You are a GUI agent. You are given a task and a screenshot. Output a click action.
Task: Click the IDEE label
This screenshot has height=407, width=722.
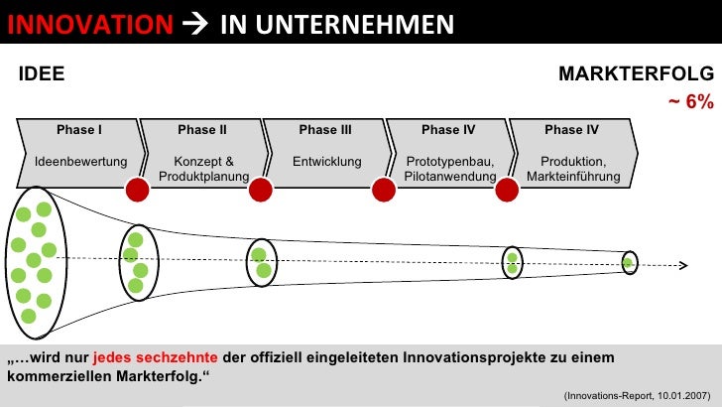43,73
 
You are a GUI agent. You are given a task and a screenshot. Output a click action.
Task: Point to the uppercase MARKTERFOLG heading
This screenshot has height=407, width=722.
636,73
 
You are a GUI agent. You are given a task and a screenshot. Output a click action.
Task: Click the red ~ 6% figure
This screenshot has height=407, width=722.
690,103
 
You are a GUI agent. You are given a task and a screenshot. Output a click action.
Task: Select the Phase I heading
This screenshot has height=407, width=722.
78,130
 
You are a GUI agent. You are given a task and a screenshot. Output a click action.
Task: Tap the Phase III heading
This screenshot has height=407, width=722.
325,130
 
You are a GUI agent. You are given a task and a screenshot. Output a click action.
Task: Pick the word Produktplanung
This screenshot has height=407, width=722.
202,177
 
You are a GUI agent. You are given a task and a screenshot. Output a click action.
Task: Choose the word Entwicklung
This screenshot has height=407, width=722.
326,162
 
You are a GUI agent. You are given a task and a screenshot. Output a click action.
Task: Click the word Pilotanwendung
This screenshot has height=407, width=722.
449,177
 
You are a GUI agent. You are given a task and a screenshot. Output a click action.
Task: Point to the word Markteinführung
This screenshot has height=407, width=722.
573,177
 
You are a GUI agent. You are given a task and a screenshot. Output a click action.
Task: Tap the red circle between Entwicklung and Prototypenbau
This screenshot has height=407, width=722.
383,189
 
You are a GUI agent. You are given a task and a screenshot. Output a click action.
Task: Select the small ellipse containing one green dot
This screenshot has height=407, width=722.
628,263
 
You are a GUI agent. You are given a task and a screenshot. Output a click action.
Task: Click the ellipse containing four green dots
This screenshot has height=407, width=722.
136,262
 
